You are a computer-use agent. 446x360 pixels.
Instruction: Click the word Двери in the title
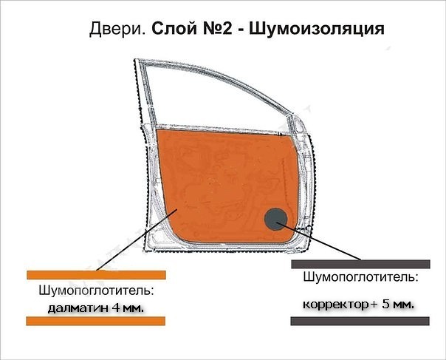117,29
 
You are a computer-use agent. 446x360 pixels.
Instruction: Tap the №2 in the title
218,29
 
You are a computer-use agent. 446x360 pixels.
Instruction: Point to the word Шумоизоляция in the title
317,30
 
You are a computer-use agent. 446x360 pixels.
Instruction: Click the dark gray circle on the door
276,219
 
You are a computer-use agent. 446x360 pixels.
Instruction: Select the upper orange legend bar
97,275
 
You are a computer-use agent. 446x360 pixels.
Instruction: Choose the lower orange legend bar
96,321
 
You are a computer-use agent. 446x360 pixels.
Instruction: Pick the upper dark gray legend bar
360,264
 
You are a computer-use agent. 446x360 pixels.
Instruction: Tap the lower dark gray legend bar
360,321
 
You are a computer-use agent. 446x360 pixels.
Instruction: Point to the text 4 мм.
128,308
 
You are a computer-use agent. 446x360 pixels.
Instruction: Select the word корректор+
340,305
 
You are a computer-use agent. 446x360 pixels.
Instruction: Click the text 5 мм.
398,304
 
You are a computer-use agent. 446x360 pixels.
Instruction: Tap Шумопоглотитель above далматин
96,291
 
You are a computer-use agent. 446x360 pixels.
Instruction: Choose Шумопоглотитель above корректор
360,277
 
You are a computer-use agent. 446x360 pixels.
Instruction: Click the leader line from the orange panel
137,240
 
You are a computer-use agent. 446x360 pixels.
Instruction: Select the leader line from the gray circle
318,241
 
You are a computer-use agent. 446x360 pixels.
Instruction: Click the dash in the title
241,30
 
